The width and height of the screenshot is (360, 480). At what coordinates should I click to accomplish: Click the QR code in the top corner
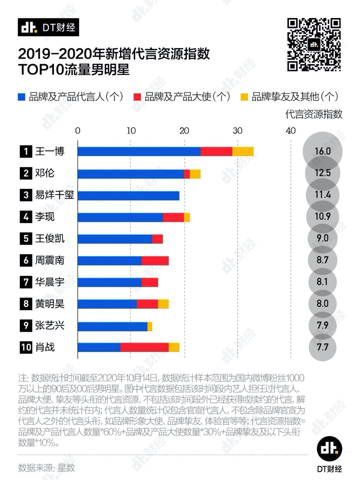coord(314,45)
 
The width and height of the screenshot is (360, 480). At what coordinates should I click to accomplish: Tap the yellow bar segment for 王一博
coord(243,152)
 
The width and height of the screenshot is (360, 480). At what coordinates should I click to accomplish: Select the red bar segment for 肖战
coord(144,347)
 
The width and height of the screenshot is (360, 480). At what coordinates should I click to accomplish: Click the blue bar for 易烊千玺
coord(128,196)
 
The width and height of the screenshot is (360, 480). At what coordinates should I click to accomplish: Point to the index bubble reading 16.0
coord(322,151)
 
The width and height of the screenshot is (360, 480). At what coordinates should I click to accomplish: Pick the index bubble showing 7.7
coord(322,347)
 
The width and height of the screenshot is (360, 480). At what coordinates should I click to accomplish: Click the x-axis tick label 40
coord(291,131)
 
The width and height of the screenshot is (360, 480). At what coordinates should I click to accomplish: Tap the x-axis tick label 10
coord(131,131)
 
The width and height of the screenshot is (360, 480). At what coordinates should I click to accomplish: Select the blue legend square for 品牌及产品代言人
coord(22,97)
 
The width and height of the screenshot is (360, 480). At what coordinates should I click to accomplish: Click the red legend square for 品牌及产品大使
coord(137,97)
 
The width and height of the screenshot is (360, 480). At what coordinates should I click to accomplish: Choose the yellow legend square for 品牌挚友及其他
coord(244,97)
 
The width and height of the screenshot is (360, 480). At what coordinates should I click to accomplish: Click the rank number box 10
coord(26,347)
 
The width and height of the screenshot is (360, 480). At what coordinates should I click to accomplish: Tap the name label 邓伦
coord(45,173)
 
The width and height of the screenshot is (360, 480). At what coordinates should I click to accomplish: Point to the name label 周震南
coord(50,260)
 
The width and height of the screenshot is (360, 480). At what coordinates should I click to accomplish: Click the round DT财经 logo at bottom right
coord(329,449)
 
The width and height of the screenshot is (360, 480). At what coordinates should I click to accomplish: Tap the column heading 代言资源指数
coord(314,114)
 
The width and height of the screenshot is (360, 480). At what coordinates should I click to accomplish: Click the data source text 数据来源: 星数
coord(47,468)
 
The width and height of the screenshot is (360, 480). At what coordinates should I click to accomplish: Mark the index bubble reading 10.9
coord(322,217)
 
